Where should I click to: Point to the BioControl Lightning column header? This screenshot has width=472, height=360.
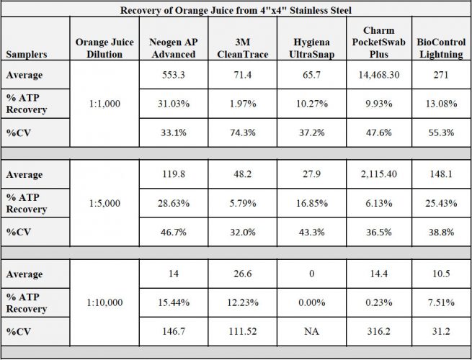pos(441,48)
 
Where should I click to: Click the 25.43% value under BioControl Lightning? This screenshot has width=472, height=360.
pos(441,203)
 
